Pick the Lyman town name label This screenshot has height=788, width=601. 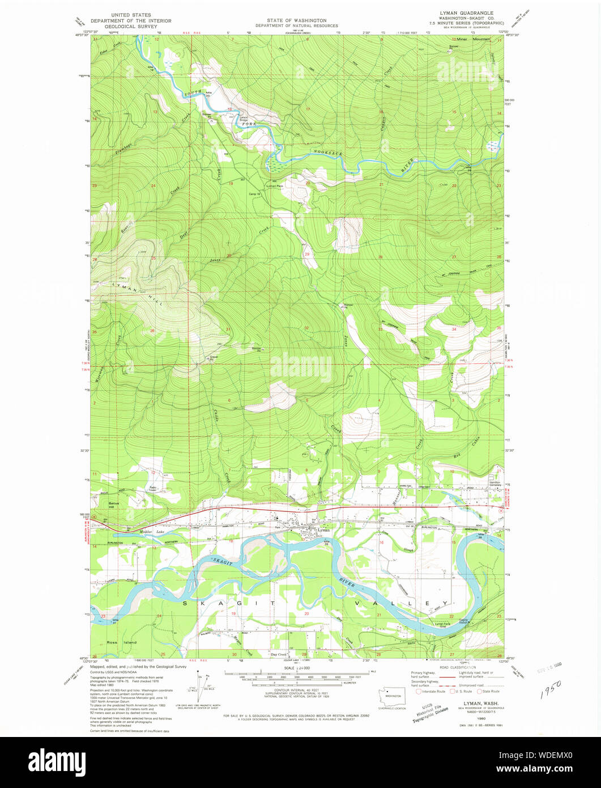pos(323,531)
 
